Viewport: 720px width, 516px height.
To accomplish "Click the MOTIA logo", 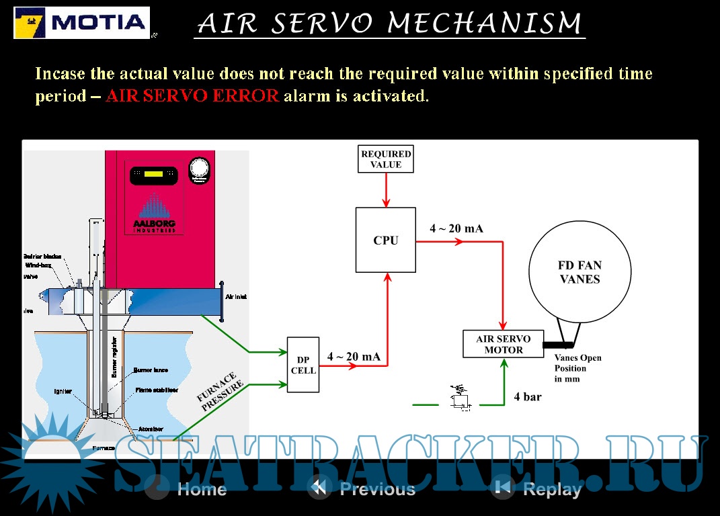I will pos(81,23).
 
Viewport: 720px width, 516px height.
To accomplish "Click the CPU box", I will pos(385,240).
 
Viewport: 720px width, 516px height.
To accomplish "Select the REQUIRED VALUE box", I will pos(385,159).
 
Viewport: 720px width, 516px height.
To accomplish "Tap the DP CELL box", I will pos(303,365).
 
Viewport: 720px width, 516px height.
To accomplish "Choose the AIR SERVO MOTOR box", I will pos(504,344).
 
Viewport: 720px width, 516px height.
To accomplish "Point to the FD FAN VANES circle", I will pos(579,272).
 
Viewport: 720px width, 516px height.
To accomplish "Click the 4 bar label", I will pos(527,397).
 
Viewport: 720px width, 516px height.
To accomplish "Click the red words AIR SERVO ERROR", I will pos(192,95).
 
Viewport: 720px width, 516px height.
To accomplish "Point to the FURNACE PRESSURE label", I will pos(216,393).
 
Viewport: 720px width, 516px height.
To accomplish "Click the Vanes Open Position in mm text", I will pos(577,368).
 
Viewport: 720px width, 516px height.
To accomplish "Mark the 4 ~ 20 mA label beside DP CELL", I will pos(354,357).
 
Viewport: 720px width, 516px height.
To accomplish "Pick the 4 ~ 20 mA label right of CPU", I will pos(456,228).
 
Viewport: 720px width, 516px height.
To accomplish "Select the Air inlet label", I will pos(236,296).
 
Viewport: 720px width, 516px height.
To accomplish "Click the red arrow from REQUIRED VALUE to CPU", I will pos(385,190).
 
